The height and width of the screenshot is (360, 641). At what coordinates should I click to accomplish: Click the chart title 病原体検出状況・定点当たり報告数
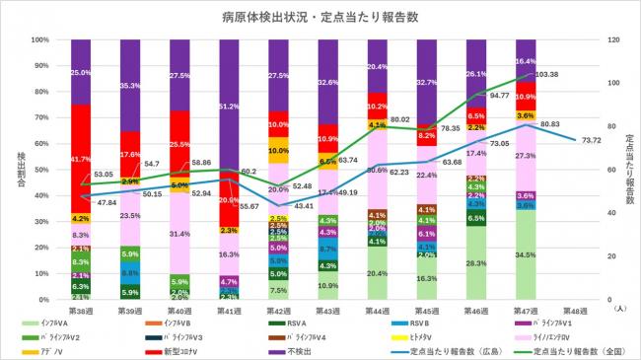320,17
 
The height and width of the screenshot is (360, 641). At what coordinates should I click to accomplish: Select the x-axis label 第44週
378,309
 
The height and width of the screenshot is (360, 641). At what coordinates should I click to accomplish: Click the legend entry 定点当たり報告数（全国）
569,349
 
